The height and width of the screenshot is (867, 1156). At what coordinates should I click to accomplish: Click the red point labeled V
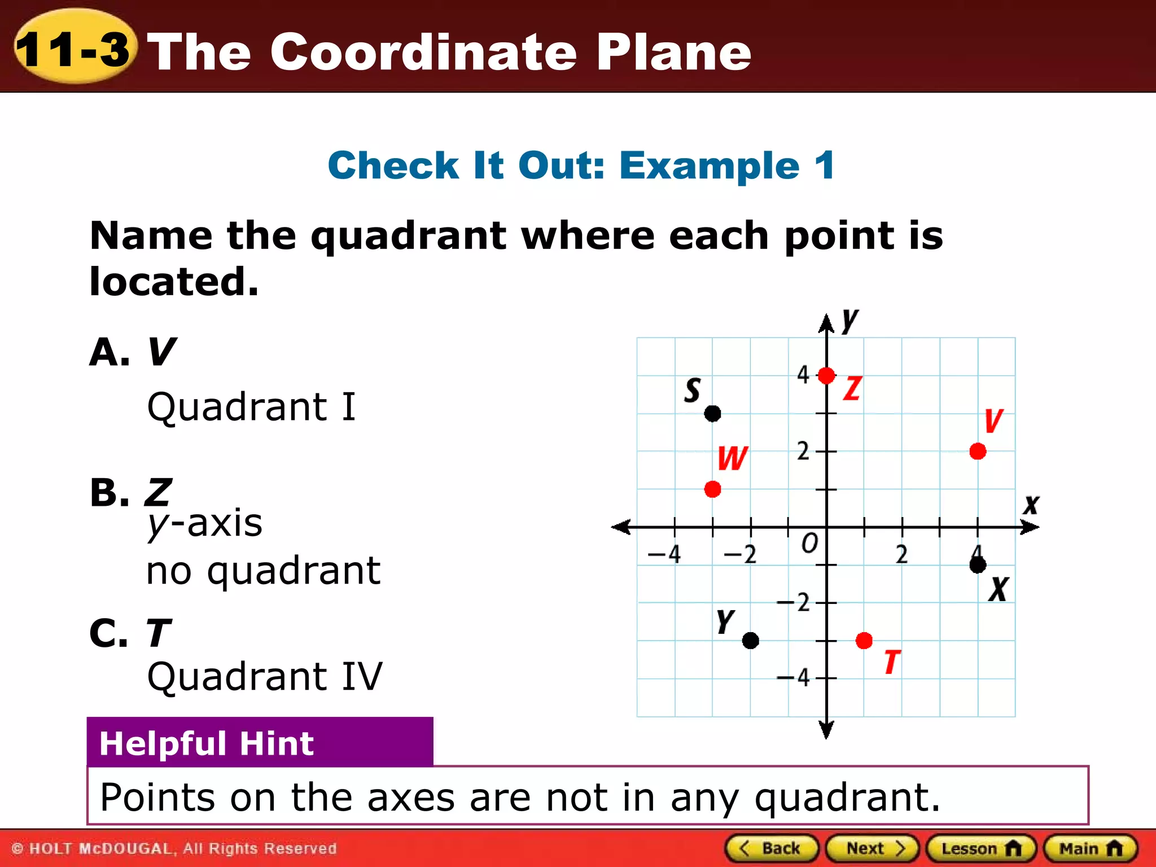coord(978,452)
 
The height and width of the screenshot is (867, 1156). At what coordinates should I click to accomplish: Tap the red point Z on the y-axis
coord(826,375)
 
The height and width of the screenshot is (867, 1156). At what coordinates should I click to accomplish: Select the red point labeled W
coord(713,489)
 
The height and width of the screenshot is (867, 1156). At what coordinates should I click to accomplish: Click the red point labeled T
coord(864,641)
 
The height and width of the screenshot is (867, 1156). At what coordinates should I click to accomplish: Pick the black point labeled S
coord(713,414)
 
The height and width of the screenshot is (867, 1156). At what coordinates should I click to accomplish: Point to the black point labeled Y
coord(751,641)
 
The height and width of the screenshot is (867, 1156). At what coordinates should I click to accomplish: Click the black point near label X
coord(978,565)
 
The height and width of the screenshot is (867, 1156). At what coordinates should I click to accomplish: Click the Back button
coord(772,848)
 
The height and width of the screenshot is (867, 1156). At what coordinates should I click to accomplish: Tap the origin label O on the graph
coord(809,544)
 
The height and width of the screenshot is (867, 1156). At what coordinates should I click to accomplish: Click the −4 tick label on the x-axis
coord(664,554)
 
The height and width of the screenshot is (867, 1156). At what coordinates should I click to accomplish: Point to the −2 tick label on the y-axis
coord(795,603)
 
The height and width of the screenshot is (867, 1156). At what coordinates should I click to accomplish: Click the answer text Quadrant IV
coord(265,676)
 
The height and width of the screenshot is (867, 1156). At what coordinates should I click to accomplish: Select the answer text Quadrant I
coord(251,406)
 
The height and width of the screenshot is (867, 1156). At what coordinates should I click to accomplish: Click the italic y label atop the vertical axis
coord(850,321)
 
